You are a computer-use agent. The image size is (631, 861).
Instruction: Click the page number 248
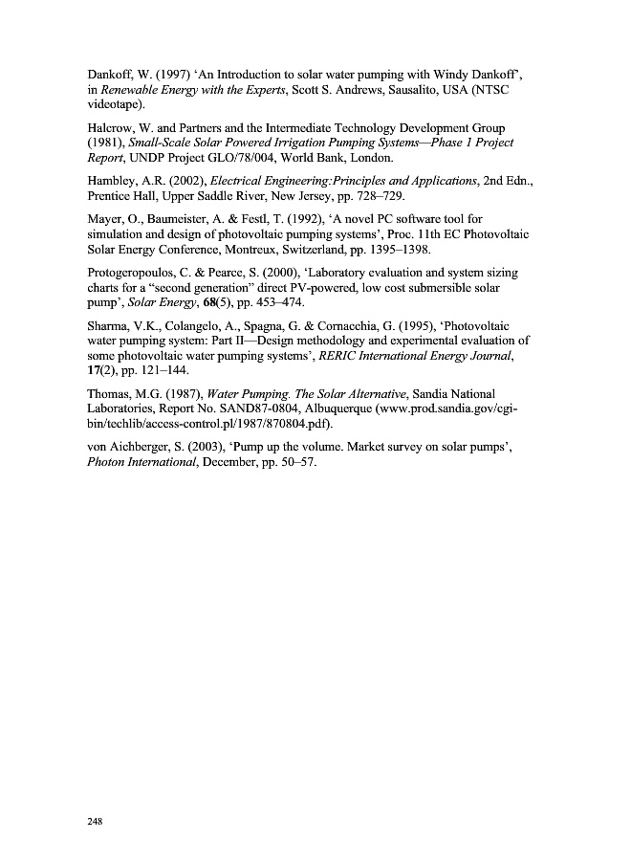[x=93, y=822]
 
